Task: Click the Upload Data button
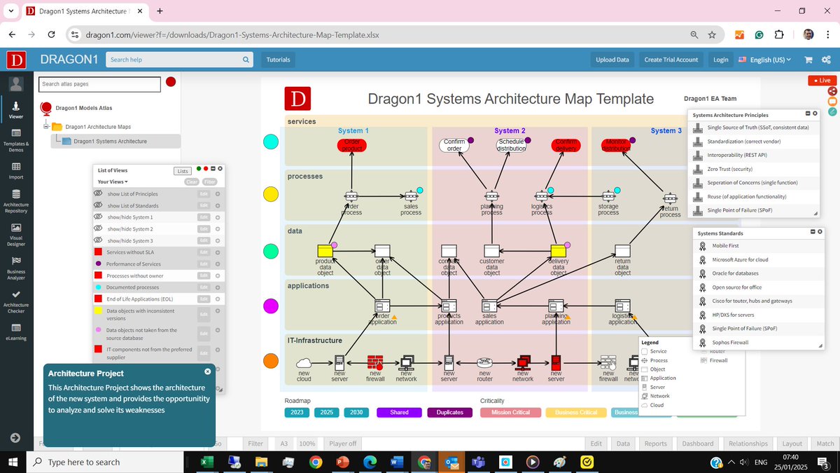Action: (612, 60)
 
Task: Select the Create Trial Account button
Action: (671, 60)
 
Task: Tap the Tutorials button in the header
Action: (278, 60)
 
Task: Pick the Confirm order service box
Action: (454, 145)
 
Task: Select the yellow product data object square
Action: (325, 251)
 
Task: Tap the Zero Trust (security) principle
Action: (729, 169)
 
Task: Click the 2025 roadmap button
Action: (326, 412)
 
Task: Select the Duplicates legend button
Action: (449, 412)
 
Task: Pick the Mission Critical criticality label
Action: (510, 412)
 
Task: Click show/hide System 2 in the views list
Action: (130, 229)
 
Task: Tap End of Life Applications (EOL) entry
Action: (139, 299)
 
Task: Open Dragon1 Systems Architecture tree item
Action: (110, 142)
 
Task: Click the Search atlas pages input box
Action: (99, 84)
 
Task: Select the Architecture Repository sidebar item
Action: (16, 201)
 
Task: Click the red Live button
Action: (822, 81)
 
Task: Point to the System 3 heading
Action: (666, 130)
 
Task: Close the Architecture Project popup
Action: (207, 371)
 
